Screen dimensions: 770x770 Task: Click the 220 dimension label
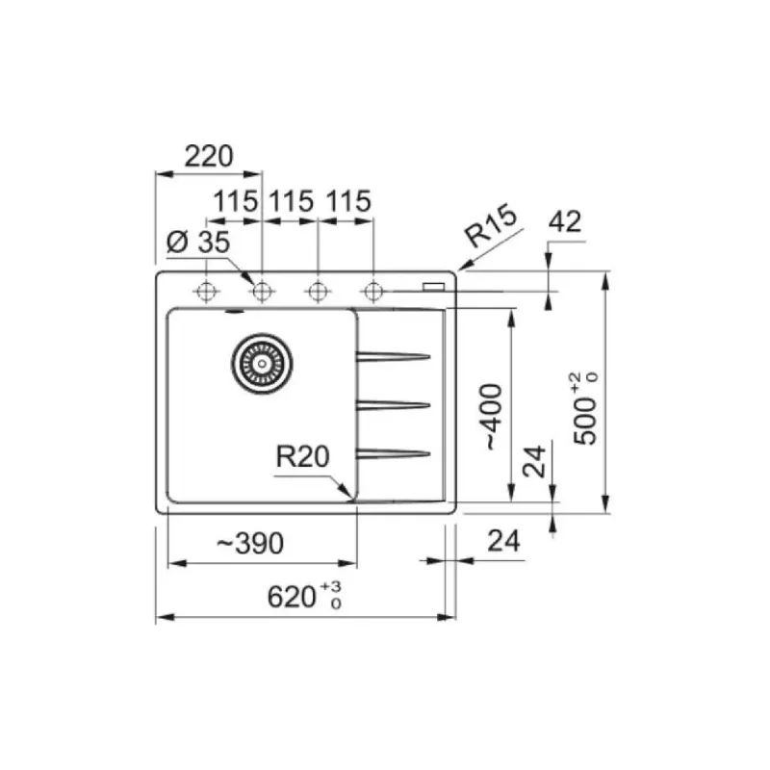click(208, 156)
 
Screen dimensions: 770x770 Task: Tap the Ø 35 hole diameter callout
click(198, 242)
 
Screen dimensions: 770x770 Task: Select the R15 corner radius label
click(491, 226)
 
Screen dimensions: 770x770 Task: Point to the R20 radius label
click(302, 456)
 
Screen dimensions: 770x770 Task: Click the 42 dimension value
click(565, 221)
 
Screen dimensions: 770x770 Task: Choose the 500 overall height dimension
click(586, 408)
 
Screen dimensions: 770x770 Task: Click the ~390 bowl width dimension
click(250, 543)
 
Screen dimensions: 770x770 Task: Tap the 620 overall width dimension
click(304, 596)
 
